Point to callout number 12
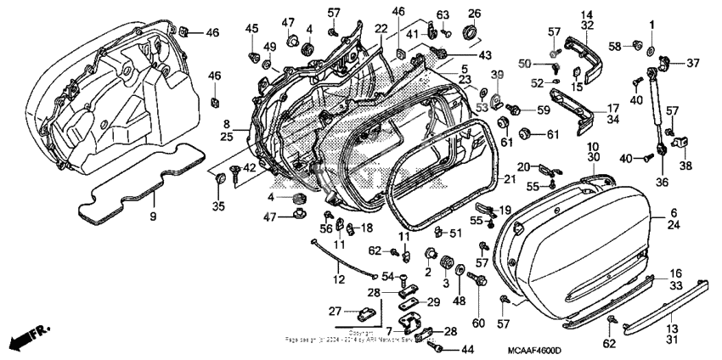(x=338, y=279)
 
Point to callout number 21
(x=509, y=179)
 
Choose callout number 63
(x=443, y=14)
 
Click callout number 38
(x=685, y=166)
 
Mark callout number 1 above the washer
(x=652, y=25)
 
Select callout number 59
(x=542, y=110)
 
